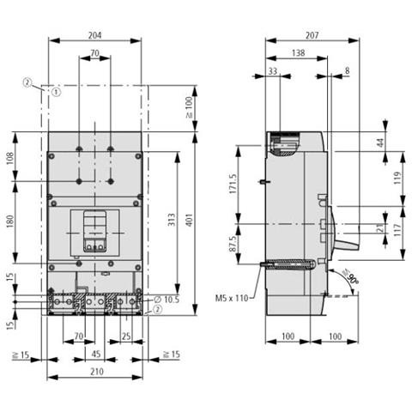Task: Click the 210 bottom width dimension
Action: tap(94, 373)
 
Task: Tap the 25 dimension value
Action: tap(125, 337)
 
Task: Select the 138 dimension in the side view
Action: tap(297, 53)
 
